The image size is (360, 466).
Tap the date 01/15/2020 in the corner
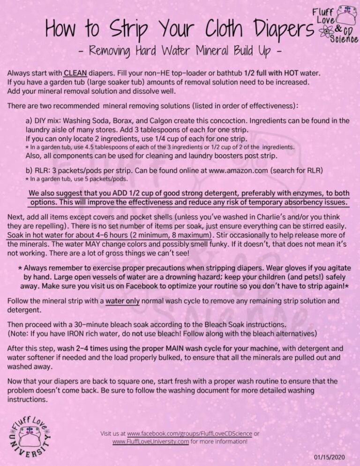(x=330, y=457)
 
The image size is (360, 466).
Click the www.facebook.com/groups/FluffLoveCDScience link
(x=190, y=434)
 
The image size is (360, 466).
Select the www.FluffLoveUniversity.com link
(x=151, y=441)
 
